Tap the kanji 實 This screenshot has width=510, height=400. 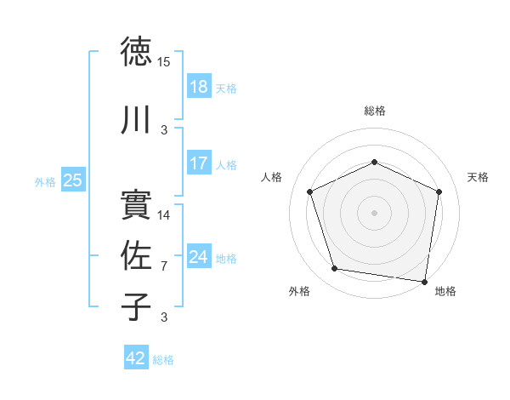[137, 204]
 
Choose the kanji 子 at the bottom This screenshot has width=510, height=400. [137, 307]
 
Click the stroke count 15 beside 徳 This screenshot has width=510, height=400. [164, 62]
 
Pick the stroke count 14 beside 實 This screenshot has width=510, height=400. [164, 214]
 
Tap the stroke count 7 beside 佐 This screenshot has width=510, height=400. [164, 266]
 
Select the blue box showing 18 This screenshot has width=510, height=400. [198, 87]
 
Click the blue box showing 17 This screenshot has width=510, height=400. [198, 163]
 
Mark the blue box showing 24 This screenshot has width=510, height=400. [198, 257]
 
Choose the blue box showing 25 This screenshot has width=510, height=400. [73, 180]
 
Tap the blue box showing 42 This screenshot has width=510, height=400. [136, 358]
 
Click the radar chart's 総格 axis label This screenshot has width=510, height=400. [375, 111]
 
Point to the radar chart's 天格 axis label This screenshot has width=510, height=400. [479, 177]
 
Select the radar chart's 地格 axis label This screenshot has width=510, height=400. [445, 292]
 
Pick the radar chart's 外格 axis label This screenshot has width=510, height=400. [299, 292]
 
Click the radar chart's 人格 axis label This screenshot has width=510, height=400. [272, 177]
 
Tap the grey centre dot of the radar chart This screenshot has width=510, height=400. [374, 212]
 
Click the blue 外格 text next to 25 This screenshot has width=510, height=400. [46, 181]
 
